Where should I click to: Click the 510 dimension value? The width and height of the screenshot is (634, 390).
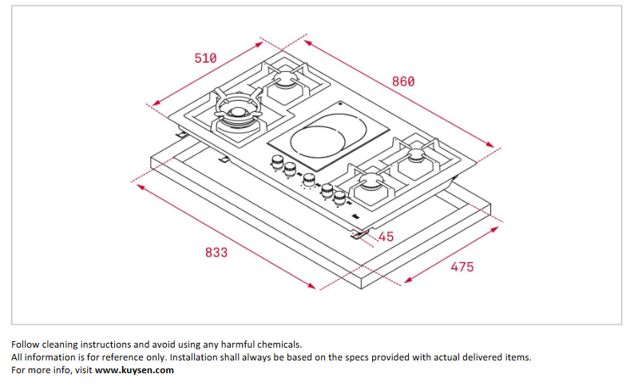coord(205,58)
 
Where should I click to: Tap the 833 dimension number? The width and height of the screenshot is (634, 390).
coord(216,252)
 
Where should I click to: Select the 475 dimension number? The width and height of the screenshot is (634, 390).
coord(462,266)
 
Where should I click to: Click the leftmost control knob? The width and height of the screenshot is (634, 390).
coord(278,163)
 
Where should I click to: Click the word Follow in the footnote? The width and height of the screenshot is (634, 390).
coord(25,344)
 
